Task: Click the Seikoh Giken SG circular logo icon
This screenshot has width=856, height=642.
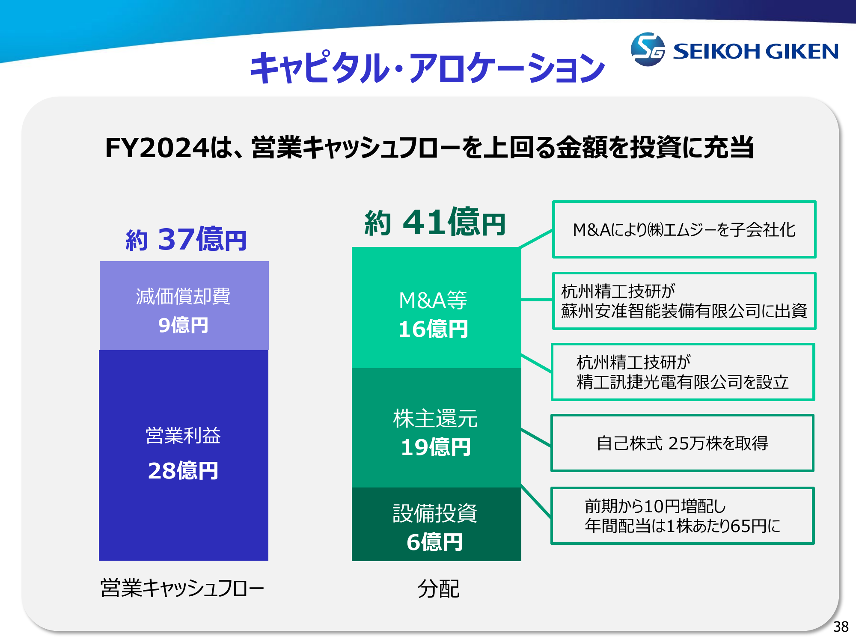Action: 648,49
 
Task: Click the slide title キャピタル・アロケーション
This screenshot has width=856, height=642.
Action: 427,68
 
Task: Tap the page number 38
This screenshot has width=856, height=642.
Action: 841,627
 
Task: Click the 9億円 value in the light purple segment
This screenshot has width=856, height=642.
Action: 183,325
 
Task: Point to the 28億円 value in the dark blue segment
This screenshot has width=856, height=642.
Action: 183,470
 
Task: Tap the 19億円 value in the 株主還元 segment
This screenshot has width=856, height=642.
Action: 436,447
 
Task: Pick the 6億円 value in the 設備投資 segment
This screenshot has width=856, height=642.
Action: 435,542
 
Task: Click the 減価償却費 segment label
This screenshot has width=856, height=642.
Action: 183,296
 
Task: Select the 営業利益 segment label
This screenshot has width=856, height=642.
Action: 183,436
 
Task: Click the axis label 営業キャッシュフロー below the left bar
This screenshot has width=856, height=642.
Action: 182,588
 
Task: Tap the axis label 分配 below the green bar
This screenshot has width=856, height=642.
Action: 438,588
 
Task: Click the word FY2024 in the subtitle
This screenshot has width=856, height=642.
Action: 157,148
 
